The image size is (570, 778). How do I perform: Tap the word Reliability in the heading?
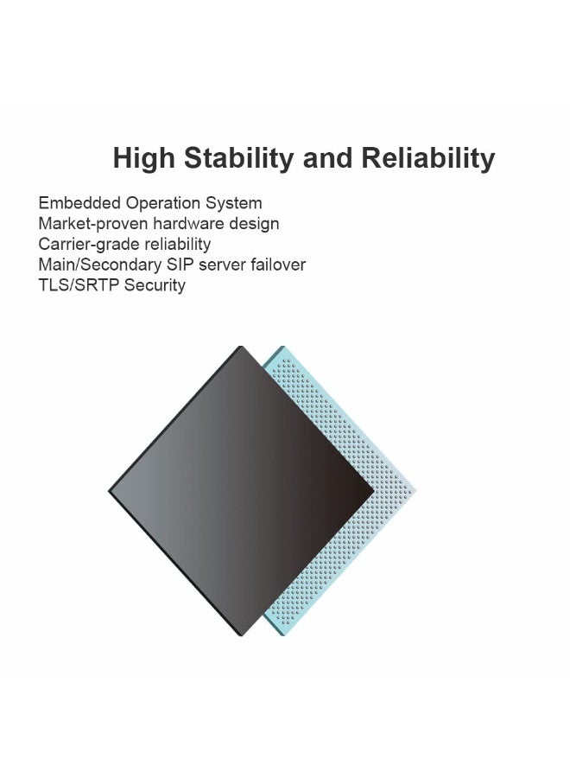(x=428, y=158)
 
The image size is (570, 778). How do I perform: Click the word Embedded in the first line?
(x=79, y=203)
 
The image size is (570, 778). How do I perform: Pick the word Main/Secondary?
(x=104, y=265)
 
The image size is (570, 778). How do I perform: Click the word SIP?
(x=193, y=265)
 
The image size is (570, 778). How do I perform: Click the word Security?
(x=155, y=285)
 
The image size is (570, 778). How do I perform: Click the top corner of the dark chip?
(x=241, y=348)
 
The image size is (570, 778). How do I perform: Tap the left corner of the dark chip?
(x=111, y=491)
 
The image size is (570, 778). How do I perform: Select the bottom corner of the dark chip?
(x=243, y=635)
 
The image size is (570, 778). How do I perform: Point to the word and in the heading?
(x=328, y=158)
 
